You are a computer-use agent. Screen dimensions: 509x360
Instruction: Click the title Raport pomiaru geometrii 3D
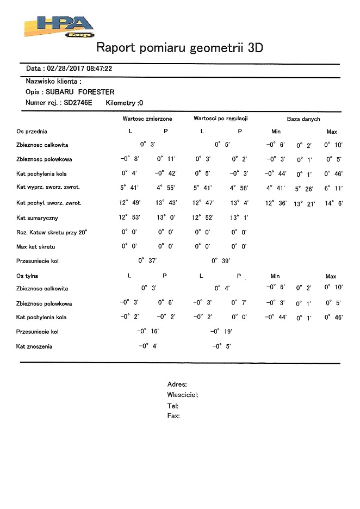point(179,47)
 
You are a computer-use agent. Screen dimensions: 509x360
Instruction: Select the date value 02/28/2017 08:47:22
point(80,69)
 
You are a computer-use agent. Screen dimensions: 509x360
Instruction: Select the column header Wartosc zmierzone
point(147,119)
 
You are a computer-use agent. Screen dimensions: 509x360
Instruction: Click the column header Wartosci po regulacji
point(221,119)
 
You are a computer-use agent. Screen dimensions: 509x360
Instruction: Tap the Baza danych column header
point(303,119)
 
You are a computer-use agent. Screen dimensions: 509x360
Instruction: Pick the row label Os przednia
point(32,132)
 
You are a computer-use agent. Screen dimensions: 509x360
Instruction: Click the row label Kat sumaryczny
point(39,218)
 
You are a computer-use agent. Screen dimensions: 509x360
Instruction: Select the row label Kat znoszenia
point(38,346)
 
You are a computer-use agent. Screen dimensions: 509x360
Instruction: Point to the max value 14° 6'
point(333,203)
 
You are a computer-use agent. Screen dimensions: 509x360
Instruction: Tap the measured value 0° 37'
point(147,260)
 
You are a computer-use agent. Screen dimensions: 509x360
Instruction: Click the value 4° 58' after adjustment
point(239,188)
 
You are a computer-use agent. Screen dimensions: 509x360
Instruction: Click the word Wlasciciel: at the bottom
point(183,395)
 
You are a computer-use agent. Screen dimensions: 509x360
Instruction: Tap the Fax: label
point(174,416)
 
